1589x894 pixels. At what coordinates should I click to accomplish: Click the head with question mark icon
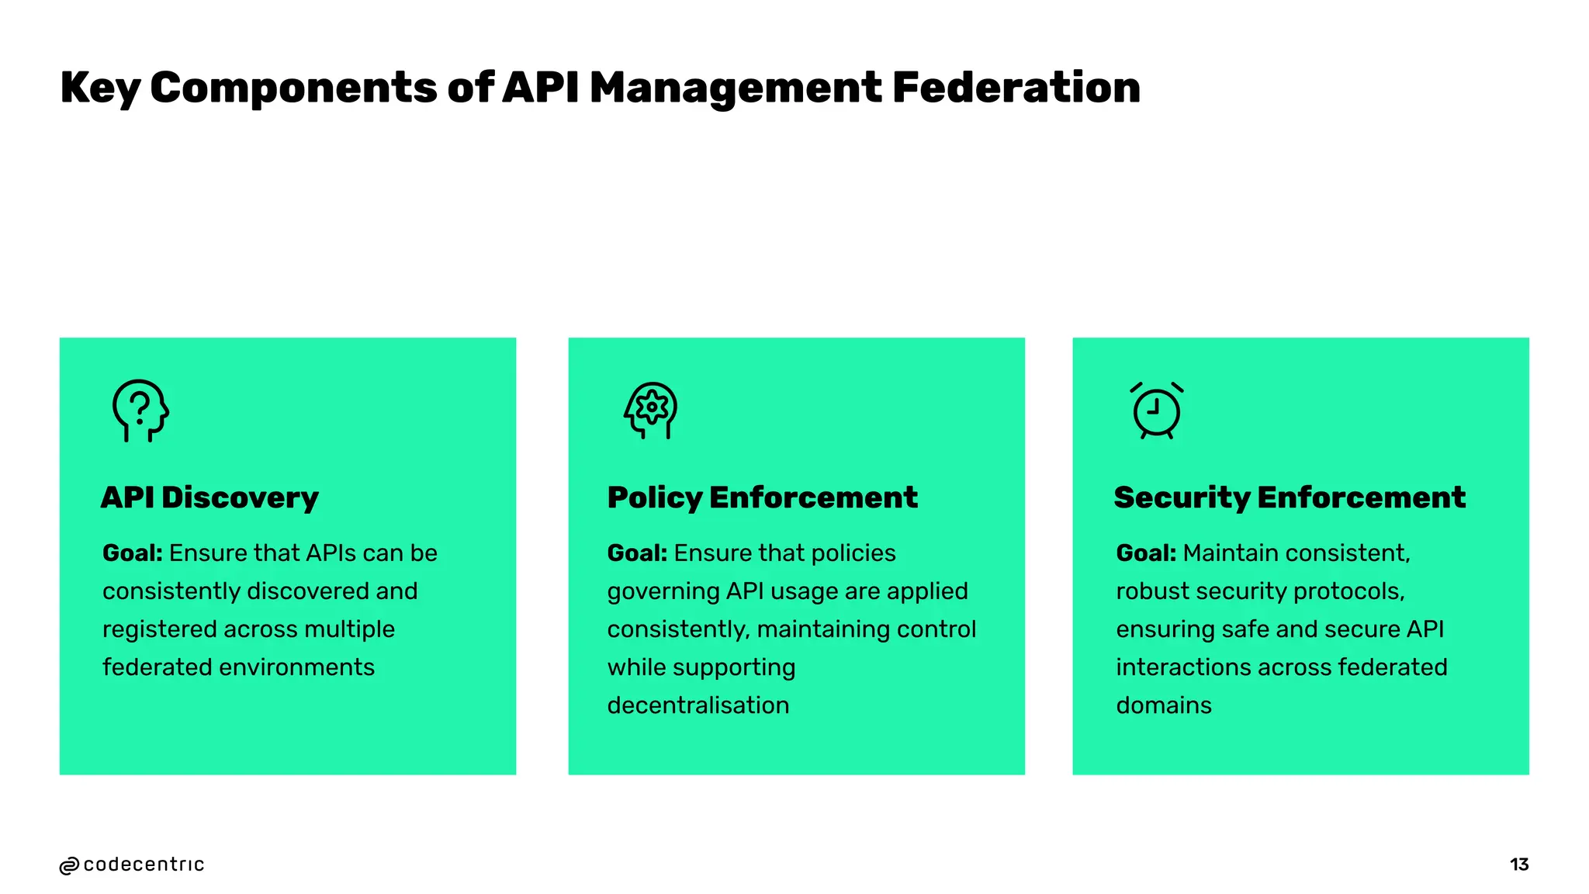(x=140, y=411)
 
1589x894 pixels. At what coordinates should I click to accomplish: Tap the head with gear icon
(x=651, y=410)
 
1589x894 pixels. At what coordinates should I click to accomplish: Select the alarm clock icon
(x=1156, y=411)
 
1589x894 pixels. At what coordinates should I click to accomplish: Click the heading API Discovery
(x=209, y=497)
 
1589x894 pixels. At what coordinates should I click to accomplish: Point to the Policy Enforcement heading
(x=762, y=497)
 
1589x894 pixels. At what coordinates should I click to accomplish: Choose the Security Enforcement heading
(x=1290, y=497)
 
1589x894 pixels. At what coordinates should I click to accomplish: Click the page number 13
(x=1519, y=865)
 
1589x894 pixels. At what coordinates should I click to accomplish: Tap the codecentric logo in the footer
(x=132, y=865)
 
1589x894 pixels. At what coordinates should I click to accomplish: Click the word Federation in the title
(x=1016, y=87)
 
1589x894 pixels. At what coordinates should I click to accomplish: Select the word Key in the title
(x=99, y=88)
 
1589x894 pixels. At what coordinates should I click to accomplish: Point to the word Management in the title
(x=735, y=88)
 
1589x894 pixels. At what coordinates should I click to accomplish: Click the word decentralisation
(x=698, y=705)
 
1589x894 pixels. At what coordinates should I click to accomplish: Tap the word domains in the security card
(x=1164, y=705)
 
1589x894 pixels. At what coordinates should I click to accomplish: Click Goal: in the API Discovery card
(x=133, y=553)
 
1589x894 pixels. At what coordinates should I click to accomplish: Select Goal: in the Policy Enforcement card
(x=637, y=553)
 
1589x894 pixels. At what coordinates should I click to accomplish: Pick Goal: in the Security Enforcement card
(x=1146, y=553)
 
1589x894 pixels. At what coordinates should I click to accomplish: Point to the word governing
(x=663, y=592)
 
